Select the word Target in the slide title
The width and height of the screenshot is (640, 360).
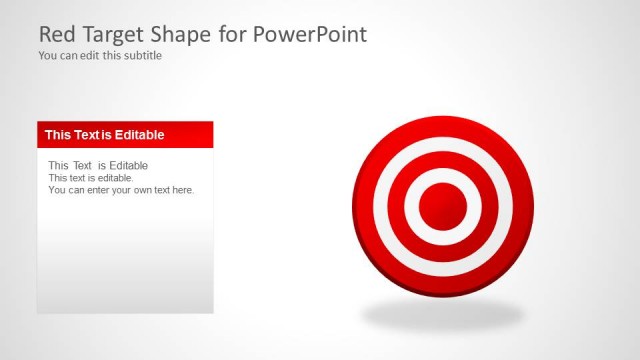tap(112, 35)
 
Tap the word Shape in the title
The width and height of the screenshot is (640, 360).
tap(179, 35)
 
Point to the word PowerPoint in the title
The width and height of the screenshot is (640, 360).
tap(309, 35)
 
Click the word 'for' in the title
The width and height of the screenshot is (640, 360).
tap(230, 35)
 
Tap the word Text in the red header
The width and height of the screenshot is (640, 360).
tap(88, 135)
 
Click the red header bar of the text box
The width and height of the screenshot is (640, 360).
tap(190, 135)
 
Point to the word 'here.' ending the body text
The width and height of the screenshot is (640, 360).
tap(182, 190)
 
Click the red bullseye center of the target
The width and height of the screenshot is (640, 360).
tap(443, 207)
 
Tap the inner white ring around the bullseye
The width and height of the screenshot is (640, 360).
tap(443, 176)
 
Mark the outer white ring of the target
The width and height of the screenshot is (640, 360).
tap(443, 145)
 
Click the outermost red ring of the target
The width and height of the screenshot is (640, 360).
tap(443, 127)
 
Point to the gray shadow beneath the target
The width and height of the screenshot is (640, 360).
tap(443, 315)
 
